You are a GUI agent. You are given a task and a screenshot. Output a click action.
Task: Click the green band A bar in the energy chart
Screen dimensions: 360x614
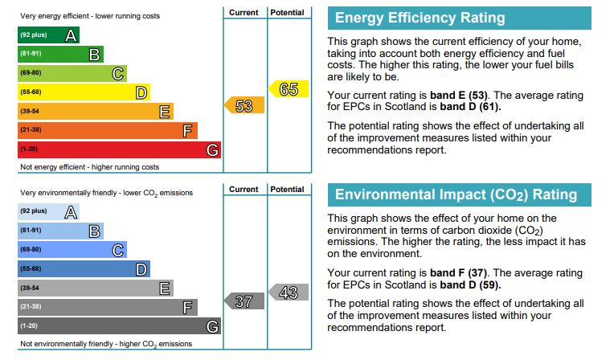click(48, 35)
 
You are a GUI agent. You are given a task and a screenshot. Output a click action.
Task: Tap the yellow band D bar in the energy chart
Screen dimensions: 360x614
click(84, 92)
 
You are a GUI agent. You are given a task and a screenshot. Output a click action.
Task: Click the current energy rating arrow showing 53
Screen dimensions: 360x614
click(244, 105)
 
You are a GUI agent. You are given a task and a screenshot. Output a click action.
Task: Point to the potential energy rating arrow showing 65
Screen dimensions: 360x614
click(288, 89)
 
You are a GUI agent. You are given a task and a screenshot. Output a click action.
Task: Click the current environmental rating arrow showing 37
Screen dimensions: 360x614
click(244, 301)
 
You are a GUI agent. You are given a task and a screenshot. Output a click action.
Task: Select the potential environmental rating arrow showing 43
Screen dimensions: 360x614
click(288, 292)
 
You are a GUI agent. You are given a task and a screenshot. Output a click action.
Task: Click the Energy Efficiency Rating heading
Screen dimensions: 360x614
click(420, 18)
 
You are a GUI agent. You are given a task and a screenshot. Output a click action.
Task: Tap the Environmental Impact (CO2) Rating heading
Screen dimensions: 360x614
click(456, 194)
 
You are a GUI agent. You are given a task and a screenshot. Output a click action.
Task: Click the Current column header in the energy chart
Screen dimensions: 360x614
click(244, 13)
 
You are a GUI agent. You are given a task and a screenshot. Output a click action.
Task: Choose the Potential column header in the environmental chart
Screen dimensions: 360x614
click(288, 190)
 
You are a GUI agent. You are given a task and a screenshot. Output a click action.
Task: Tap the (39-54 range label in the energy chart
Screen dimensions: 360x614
click(30, 112)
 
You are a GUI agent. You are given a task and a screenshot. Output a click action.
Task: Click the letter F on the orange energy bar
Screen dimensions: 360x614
click(188, 130)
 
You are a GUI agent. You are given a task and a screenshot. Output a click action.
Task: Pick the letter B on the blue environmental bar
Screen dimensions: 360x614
click(94, 231)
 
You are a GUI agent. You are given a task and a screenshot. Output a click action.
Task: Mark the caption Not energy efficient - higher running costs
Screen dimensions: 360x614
click(89, 167)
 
